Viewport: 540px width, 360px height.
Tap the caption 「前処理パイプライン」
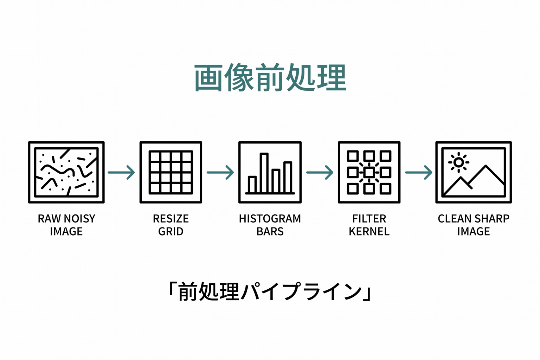point(270,292)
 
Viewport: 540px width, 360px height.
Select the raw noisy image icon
point(66,172)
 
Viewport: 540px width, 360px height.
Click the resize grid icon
point(171,172)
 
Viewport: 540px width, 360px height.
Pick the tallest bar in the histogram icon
point(264,173)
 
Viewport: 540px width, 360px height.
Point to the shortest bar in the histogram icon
point(252,185)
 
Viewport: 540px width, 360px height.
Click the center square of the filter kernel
point(369,172)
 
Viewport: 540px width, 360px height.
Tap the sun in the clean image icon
point(458,162)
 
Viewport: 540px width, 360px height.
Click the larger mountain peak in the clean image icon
point(486,166)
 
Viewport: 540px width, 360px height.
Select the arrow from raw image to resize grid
point(121,172)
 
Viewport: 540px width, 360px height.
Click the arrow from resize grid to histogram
point(220,172)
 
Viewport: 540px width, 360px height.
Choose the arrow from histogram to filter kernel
point(320,172)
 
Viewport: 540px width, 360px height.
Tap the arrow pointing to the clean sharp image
point(419,172)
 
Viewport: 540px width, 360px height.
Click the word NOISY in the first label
point(79,219)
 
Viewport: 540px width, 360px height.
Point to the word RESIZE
point(171,219)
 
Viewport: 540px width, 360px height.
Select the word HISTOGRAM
point(270,219)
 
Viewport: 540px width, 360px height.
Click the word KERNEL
point(369,231)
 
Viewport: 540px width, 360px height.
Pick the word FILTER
point(369,219)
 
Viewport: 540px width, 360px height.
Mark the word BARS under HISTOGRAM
point(270,231)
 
